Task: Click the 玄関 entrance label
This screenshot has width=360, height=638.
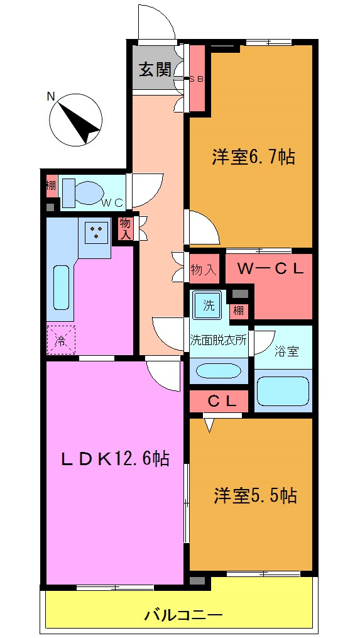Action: click(x=155, y=69)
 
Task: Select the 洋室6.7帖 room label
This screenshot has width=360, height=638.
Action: click(x=253, y=157)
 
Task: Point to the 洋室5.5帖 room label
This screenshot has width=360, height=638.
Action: click(x=254, y=496)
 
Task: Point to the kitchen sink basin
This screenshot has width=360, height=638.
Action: click(x=61, y=287)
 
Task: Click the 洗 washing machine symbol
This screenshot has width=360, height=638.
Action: click(x=208, y=305)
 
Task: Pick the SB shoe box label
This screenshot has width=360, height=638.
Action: click(x=197, y=79)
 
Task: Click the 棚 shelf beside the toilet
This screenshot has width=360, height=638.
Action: click(x=50, y=185)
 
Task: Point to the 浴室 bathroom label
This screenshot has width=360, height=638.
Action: click(x=285, y=352)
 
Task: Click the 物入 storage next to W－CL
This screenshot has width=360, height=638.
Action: click(x=204, y=270)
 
